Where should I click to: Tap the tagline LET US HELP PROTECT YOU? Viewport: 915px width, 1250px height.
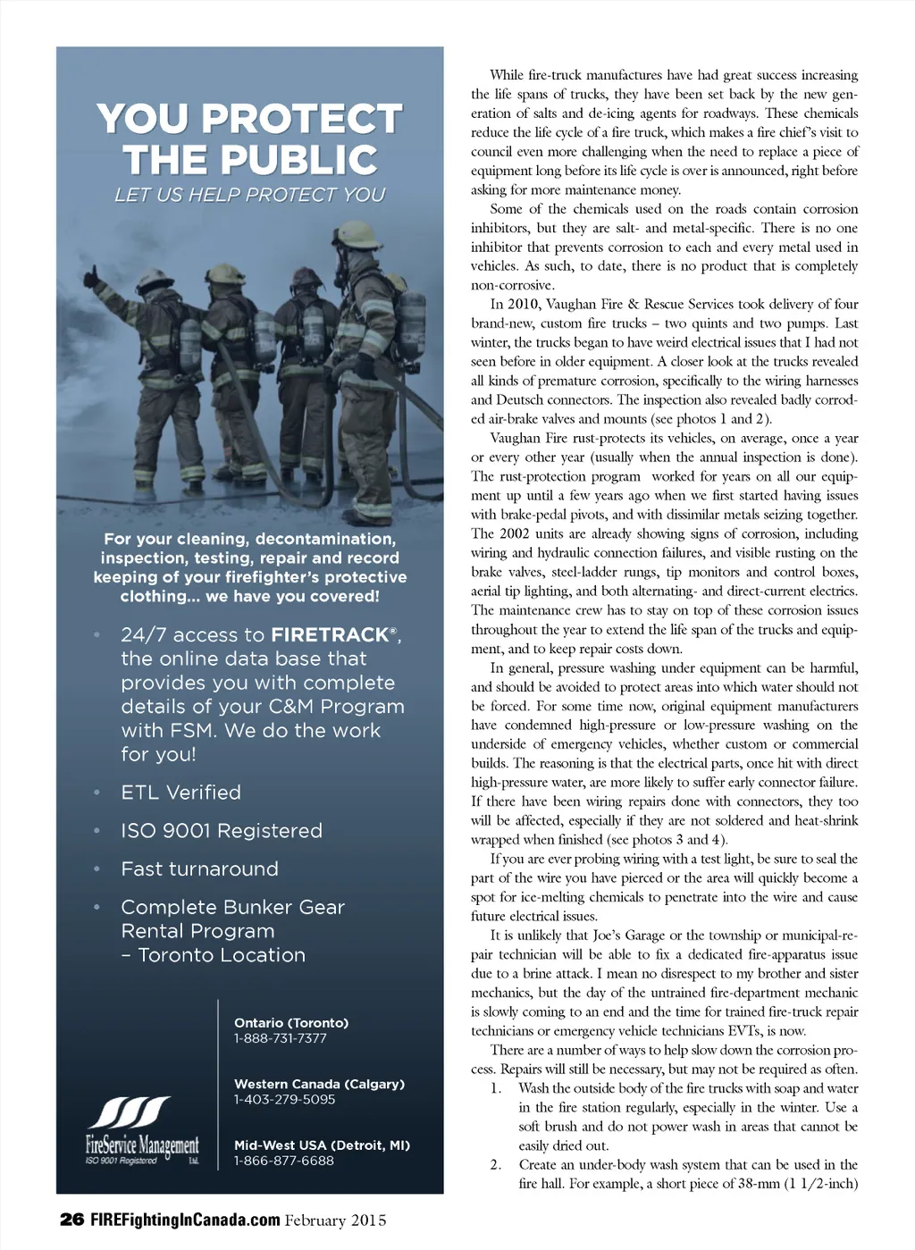249,195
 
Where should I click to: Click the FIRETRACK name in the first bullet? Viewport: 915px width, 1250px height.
330,635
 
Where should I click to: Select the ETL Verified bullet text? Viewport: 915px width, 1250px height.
181,793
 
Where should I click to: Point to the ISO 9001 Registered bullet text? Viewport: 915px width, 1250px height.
222,831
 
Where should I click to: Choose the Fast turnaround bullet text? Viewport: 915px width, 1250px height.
200,869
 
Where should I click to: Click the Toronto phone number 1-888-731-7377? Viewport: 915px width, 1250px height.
281,1038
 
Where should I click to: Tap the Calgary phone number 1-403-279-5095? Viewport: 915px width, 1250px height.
284,1099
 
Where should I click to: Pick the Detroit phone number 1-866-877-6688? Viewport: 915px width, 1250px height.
284,1161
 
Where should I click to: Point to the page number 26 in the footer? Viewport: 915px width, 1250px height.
71,1220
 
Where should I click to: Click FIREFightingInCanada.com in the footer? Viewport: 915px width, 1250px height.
185,1220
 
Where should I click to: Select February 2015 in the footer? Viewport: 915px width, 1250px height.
336,1220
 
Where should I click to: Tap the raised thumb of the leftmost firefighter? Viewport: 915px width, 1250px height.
92,274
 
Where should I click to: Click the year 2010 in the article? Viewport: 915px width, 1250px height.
523,305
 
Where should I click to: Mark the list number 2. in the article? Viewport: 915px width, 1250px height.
496,1165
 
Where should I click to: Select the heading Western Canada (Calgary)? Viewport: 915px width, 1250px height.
319,1084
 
